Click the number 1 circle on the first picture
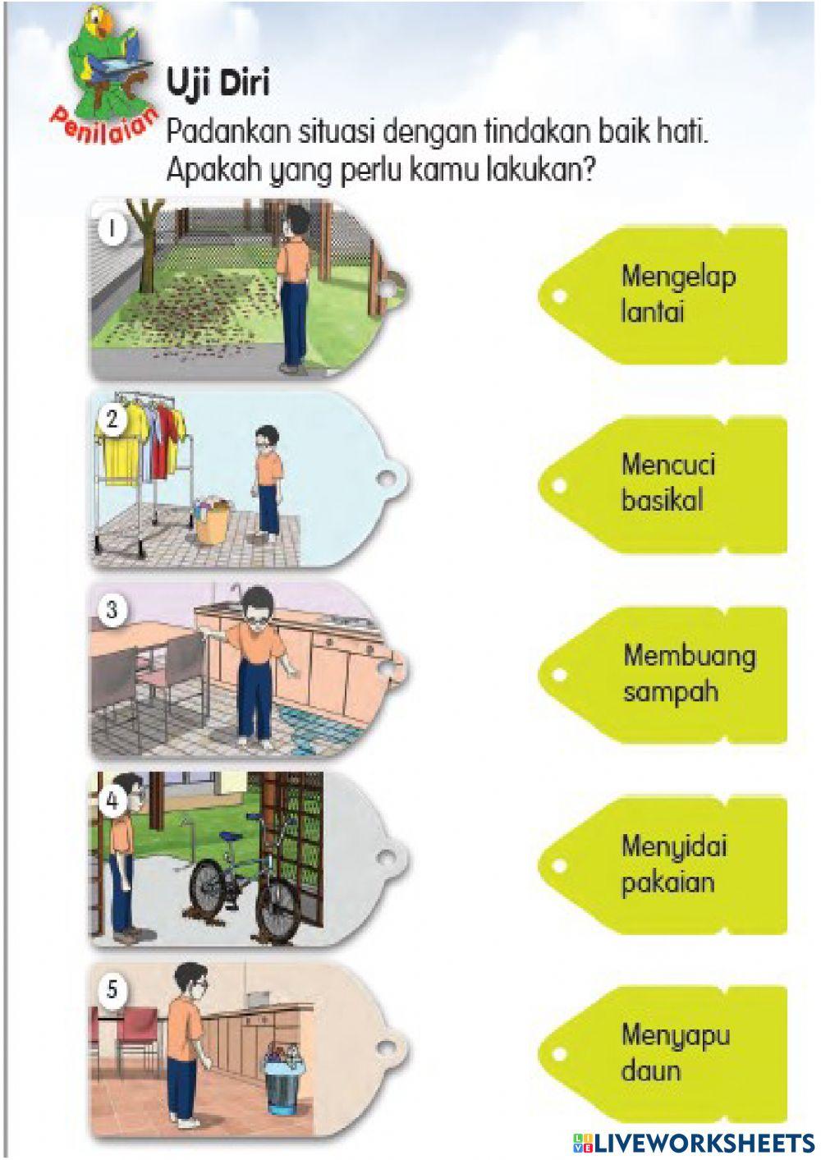pyautogui.click(x=112, y=228)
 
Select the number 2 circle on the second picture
pyautogui.click(x=112, y=420)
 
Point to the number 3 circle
pyautogui.click(x=112, y=610)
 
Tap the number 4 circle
pyautogui.click(x=112, y=800)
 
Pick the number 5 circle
pyautogui.click(x=112, y=989)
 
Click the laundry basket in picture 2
pyautogui.click(x=213, y=519)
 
